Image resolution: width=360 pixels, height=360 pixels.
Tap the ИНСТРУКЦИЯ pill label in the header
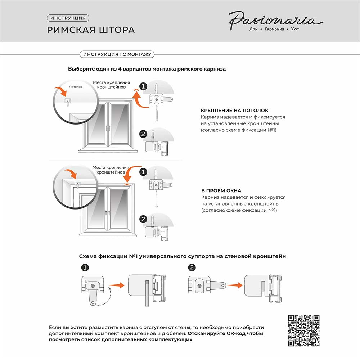coord(68,18)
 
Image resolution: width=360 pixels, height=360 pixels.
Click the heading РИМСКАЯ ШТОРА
coord(91,30)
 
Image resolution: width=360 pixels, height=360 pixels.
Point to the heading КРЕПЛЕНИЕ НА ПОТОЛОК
coord(234,111)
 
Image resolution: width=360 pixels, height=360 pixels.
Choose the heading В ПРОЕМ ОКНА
coord(221,191)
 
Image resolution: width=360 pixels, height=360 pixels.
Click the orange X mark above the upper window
coord(135,89)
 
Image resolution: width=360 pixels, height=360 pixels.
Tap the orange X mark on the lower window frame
coord(126,184)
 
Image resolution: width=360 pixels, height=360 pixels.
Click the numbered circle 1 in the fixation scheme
coord(85,267)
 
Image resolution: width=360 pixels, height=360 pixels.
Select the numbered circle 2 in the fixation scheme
coord(192,267)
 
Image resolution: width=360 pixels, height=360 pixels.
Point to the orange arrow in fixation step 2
coord(235,285)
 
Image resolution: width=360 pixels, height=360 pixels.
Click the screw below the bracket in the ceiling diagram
coord(156,116)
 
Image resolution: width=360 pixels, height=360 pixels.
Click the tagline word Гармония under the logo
coord(275,29)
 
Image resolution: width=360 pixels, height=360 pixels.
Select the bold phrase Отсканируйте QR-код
coord(225,334)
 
